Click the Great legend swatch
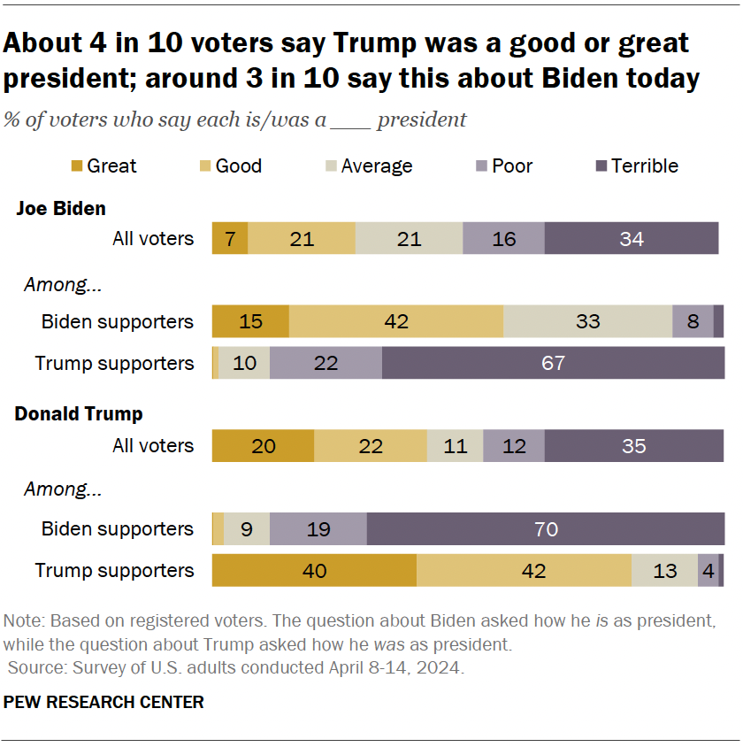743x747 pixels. pos(76,166)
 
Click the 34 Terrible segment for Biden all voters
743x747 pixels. pos(631,239)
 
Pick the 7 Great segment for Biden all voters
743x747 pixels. pos(230,239)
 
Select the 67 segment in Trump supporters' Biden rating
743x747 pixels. pos(553,363)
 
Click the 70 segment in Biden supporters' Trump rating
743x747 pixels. pos(546,528)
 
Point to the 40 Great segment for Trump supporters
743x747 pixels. pos(314,571)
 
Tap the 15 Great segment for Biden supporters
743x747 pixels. pos(250,321)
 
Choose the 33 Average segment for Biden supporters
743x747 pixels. pos(587,321)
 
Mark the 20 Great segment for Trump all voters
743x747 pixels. pos(263,446)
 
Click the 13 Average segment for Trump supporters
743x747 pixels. pos(664,571)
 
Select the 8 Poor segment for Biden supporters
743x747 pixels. pos(693,321)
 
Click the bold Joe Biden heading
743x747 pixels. pos(61,209)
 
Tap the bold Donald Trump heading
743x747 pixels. pos(79,413)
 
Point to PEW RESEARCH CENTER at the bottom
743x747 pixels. pos(103,702)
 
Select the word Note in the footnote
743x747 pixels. pos(20,618)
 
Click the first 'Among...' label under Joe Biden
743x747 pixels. pos(57,285)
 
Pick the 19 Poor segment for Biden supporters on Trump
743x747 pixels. pos(318,528)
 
